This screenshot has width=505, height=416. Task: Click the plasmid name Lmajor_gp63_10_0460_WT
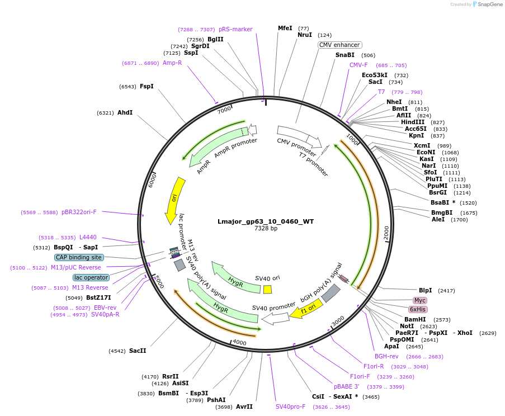(x=266, y=221)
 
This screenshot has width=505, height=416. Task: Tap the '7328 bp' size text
(x=266, y=229)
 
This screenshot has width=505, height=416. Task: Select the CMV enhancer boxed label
(x=340, y=45)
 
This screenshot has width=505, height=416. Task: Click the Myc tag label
(x=420, y=300)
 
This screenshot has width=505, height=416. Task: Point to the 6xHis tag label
(x=418, y=309)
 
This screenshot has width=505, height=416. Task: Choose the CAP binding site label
(x=79, y=257)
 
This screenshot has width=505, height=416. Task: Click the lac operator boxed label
(x=91, y=277)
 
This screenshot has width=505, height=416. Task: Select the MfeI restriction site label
(x=285, y=28)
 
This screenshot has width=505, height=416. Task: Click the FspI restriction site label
(x=147, y=86)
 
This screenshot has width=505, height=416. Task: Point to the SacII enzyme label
(x=138, y=351)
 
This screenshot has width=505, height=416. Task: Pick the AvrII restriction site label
(x=244, y=406)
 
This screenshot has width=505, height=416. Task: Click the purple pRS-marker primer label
(x=235, y=29)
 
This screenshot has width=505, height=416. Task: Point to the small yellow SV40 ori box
(x=268, y=289)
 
